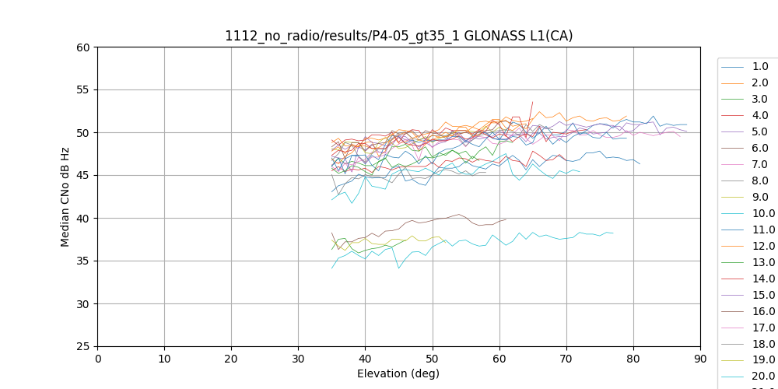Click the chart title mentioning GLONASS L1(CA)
click(398, 36)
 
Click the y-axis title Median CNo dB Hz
click(65, 197)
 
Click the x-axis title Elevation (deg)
click(398, 373)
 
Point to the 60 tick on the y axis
click(82, 47)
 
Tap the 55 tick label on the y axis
click(82, 90)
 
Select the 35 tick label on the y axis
click(82, 261)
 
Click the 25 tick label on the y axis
click(82, 347)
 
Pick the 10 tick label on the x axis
click(164, 359)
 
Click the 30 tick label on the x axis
click(298, 359)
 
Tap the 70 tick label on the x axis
click(566, 359)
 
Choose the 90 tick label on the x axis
click(700, 359)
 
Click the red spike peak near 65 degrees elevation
click(533, 101)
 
